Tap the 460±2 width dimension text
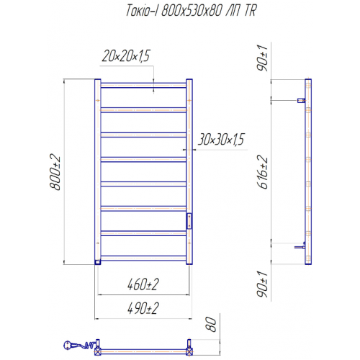pyautogui.click(x=143, y=284)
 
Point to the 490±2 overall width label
pyautogui.click(x=143, y=308)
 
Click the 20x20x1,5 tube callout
pyautogui.click(x=126, y=56)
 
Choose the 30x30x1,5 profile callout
pyautogui.click(x=221, y=140)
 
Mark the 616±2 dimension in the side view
pyautogui.click(x=262, y=172)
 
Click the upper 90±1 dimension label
pyautogui.click(x=262, y=58)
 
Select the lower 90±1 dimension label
pyautogui.click(x=262, y=284)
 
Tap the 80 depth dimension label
pyautogui.click(x=211, y=324)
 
